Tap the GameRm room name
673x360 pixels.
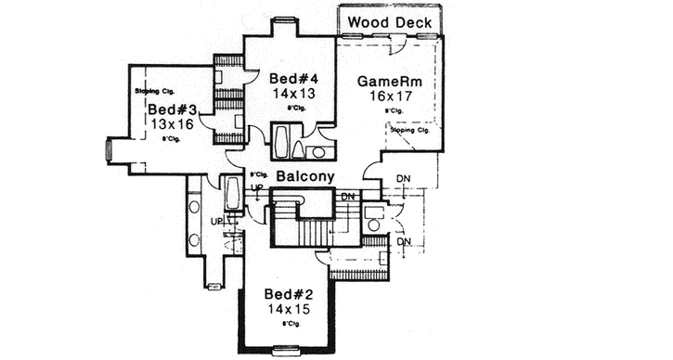click(x=390, y=82)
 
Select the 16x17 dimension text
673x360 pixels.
click(x=390, y=96)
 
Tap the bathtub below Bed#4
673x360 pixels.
click(x=281, y=144)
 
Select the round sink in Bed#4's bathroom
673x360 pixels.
click(x=317, y=151)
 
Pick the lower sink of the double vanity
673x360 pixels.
click(x=194, y=238)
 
